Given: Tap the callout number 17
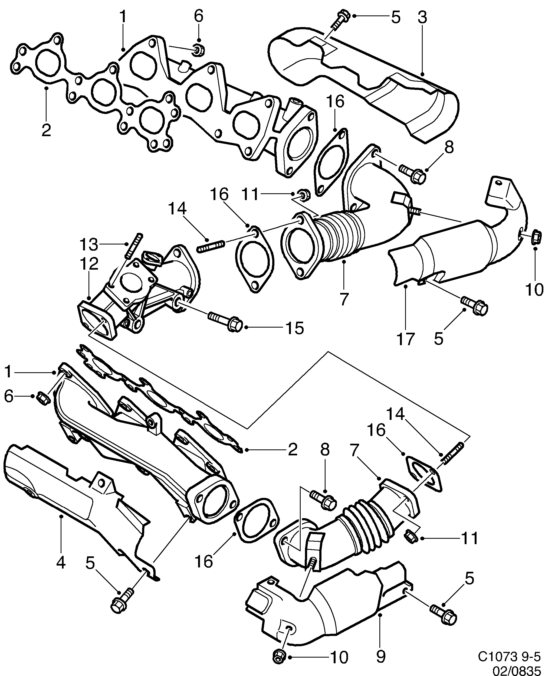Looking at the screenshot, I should click(405, 339).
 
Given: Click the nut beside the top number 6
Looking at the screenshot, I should click(198, 50).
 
